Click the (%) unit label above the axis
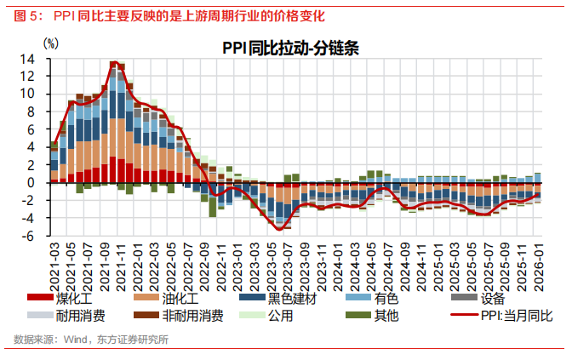pyautogui.click(x=50, y=42)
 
